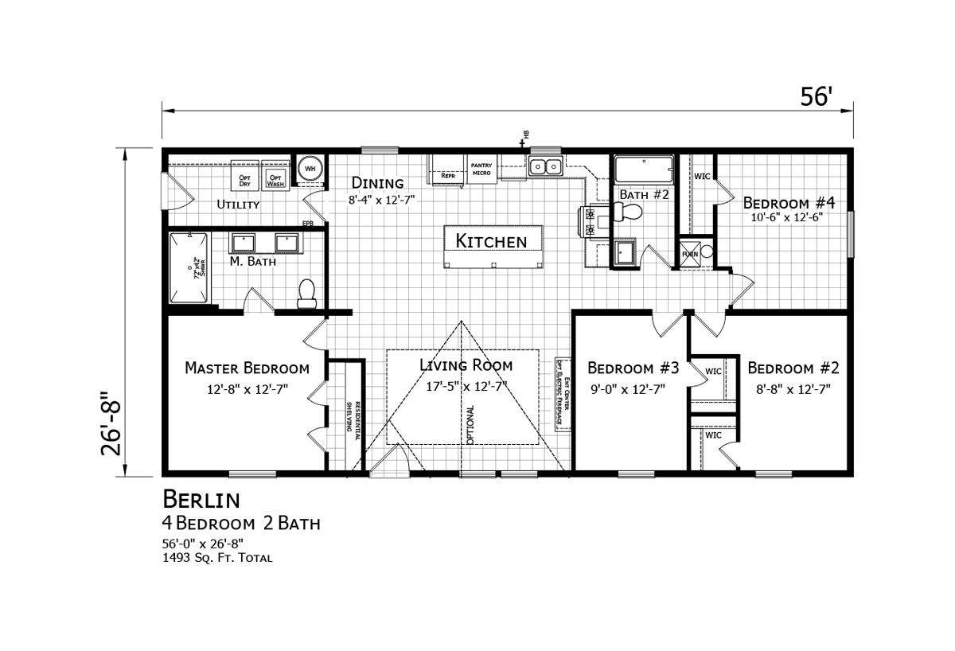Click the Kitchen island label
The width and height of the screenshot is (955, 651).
pyautogui.click(x=491, y=240)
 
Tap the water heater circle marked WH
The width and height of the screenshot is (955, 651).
pyautogui.click(x=310, y=169)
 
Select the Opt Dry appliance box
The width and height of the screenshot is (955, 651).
pyautogui.click(x=245, y=179)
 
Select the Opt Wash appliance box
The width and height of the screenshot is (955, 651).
pyautogui.click(x=275, y=179)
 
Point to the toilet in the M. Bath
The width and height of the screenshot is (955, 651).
pyautogui.click(x=307, y=294)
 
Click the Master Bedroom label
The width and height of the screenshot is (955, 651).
pyautogui.click(x=247, y=368)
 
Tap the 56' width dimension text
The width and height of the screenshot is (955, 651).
pyautogui.click(x=816, y=96)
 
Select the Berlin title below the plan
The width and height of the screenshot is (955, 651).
pyautogui.click(x=201, y=499)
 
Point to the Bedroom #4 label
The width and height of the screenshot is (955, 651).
pyautogui.click(x=788, y=202)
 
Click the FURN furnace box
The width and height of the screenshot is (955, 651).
pyautogui.click(x=689, y=254)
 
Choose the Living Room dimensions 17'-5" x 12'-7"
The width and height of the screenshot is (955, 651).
pyautogui.click(x=467, y=387)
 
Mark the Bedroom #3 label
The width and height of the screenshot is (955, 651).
pyautogui.click(x=633, y=368)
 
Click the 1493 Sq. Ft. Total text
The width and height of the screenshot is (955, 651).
pyautogui.click(x=217, y=558)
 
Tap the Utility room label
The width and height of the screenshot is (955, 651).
pyautogui.click(x=239, y=205)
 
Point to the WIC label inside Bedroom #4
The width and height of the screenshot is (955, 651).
pyautogui.click(x=702, y=176)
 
